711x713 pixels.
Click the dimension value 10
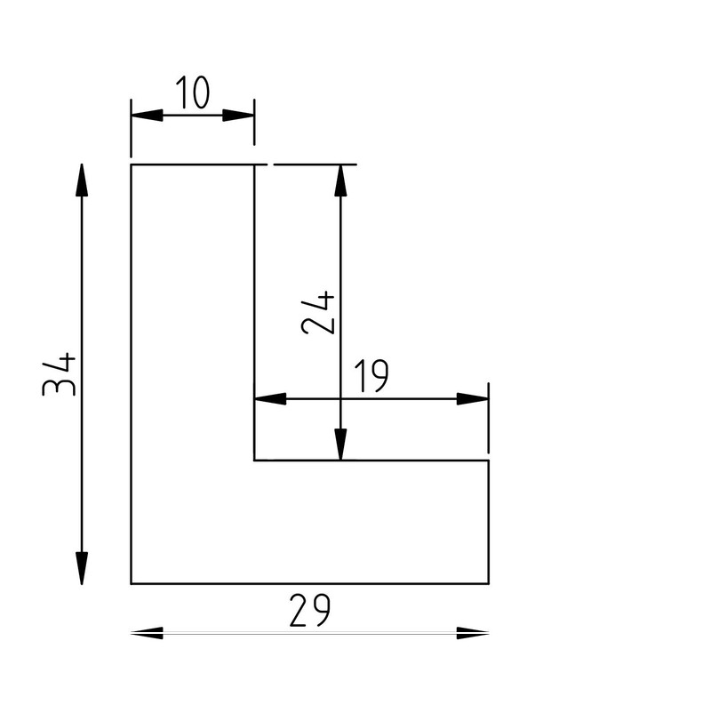coord(192,93)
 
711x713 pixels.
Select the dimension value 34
coord(60,374)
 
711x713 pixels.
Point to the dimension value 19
coord(371,378)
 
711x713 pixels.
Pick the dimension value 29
coord(310,610)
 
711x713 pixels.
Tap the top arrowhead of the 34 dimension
coord(82,180)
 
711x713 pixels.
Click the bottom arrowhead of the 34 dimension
coord(82,568)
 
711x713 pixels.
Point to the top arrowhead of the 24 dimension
coord(340,180)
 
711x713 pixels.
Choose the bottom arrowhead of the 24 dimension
coord(340,445)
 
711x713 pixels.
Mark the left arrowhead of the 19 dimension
coord(270,398)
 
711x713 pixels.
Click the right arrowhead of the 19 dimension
coord(473,398)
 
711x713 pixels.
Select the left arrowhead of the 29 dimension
coord(147,633)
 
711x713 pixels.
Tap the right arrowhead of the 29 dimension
coord(473,633)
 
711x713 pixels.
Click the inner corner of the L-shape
coord(255,461)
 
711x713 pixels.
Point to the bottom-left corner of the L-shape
coord(132,584)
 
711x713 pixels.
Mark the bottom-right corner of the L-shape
coord(488,584)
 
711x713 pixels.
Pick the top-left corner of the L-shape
coord(132,164)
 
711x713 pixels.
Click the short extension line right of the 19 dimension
coord(488,418)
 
